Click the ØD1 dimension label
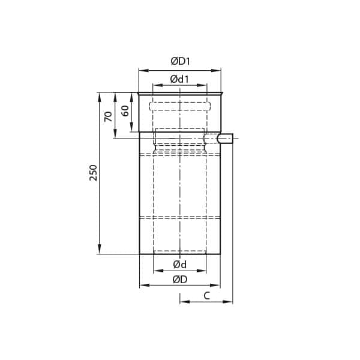[x=180, y=61]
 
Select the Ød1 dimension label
[x=180, y=79]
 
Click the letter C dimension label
[x=206, y=295]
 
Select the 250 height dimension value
[x=92, y=173]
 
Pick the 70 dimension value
[x=108, y=116]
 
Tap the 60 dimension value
[x=125, y=111]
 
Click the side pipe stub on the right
[x=224, y=139]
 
